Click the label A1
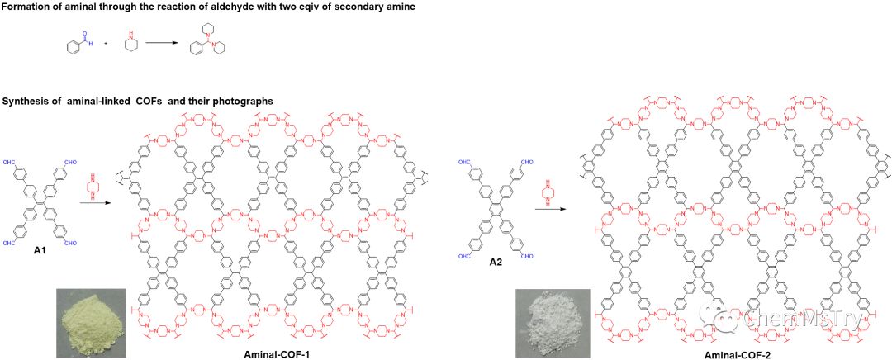[x=39, y=249]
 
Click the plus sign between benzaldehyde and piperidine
[x=106, y=42]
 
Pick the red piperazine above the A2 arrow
[x=546, y=194]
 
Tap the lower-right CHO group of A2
[x=527, y=257]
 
